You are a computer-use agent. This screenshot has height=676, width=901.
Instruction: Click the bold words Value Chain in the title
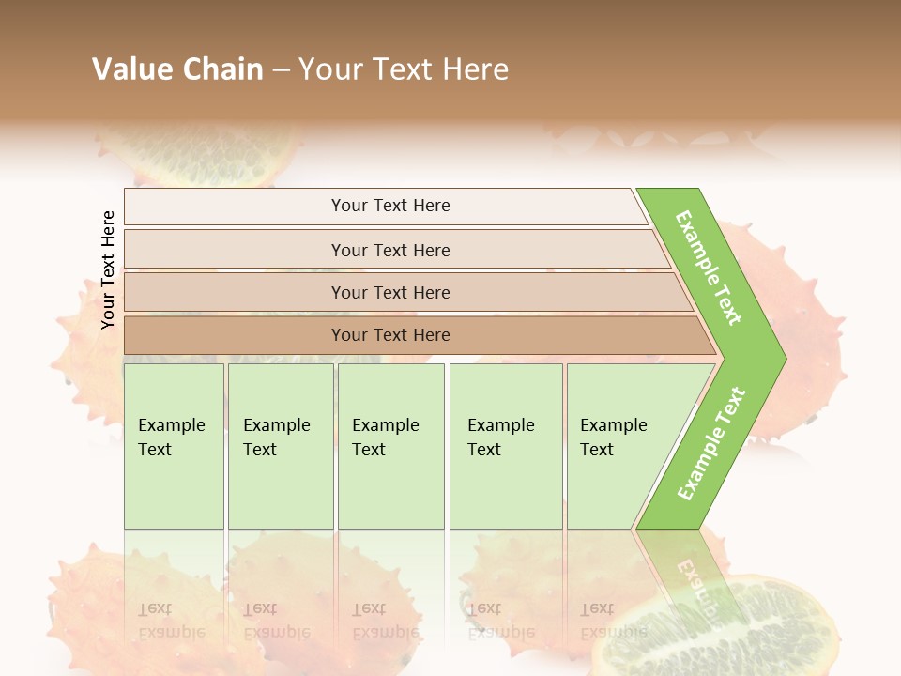pyautogui.click(x=177, y=69)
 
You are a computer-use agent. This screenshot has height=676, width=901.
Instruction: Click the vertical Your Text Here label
pyautogui.click(x=108, y=269)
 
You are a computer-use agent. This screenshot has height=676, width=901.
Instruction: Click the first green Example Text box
pyautogui.click(x=174, y=446)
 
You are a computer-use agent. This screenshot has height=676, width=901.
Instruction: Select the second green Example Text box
pyautogui.click(x=281, y=446)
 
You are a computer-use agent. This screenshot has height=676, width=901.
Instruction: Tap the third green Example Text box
pyautogui.click(x=390, y=446)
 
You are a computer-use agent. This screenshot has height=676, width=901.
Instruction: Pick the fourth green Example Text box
pyautogui.click(x=506, y=446)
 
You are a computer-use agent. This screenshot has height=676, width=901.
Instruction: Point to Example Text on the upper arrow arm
pyautogui.click(x=709, y=268)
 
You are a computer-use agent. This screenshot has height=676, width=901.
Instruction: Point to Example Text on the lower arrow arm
pyautogui.click(x=711, y=443)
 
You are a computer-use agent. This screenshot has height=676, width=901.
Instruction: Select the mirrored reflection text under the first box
pyautogui.click(x=171, y=620)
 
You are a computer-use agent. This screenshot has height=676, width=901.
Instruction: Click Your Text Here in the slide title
pyautogui.click(x=404, y=69)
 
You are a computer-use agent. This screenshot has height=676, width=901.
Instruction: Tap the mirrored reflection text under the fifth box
pyautogui.click(x=613, y=620)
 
